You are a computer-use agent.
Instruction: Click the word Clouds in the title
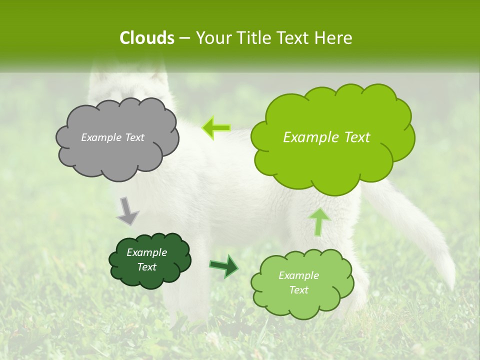pyautogui.click(x=147, y=38)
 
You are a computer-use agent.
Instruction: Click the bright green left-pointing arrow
pyautogui.click(x=216, y=127)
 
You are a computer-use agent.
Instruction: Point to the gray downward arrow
pyautogui.click(x=127, y=210)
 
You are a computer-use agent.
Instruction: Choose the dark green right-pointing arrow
pyautogui.click(x=224, y=265)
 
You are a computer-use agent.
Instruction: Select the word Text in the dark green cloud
pyautogui.click(x=147, y=267)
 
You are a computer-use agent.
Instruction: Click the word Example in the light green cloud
pyautogui.click(x=298, y=275)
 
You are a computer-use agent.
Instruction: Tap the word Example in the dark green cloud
pyautogui.click(x=147, y=252)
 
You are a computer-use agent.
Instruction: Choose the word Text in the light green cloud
pyautogui.click(x=298, y=290)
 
